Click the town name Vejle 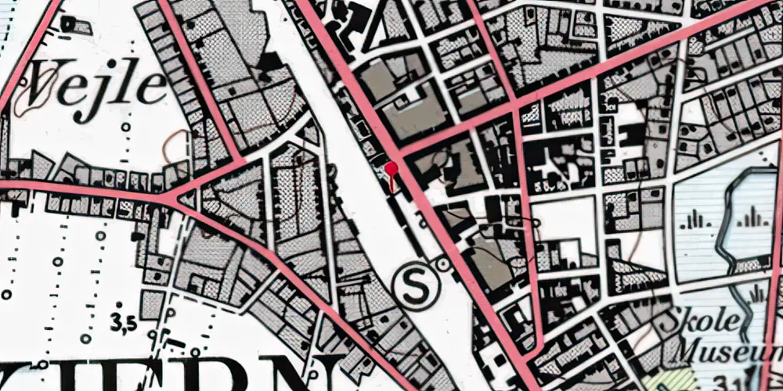[x=98, y=88]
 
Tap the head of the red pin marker [x=391, y=167]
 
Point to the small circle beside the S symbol [x=445, y=265]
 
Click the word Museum [x=728, y=349]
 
